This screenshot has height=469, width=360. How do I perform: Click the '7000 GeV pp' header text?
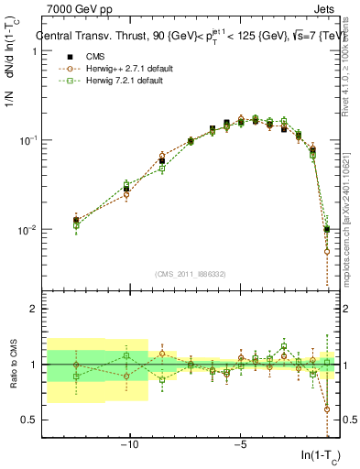coord(67,9)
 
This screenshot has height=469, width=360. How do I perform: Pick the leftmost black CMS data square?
coord(76,220)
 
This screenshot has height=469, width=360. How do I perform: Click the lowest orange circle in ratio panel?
coord(327,409)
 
